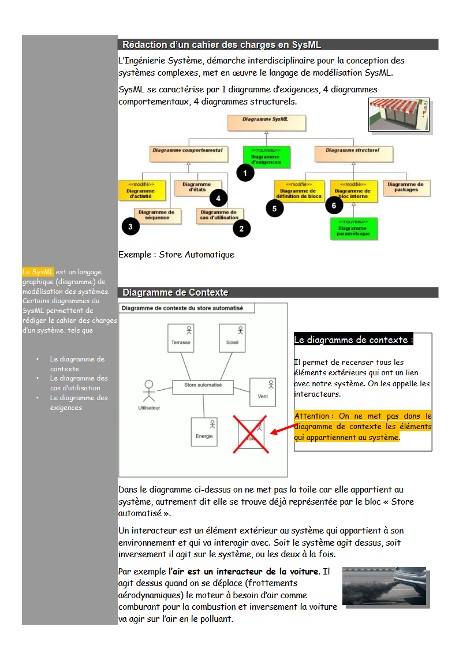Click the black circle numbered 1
(x=245, y=173)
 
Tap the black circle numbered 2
(x=241, y=229)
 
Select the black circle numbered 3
(x=130, y=227)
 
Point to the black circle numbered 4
(x=218, y=198)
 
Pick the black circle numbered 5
(x=275, y=208)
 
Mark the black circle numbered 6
(x=334, y=204)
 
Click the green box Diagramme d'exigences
(x=266, y=156)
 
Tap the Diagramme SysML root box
(x=266, y=123)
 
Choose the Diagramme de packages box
(x=406, y=187)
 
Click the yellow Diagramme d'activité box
(x=141, y=191)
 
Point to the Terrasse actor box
(x=181, y=338)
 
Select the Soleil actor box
(x=232, y=338)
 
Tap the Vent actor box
(x=263, y=392)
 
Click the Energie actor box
(x=204, y=432)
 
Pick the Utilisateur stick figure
(x=149, y=391)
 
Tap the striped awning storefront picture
(x=399, y=115)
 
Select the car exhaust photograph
(x=383, y=585)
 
